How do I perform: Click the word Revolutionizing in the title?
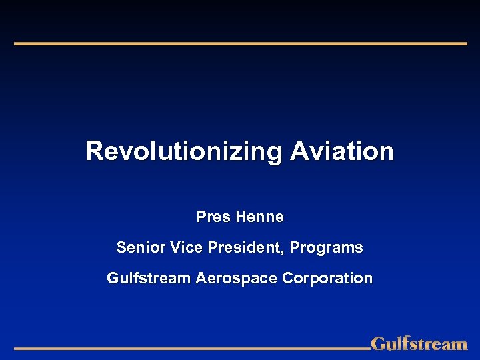coord(184,151)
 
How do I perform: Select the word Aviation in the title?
coord(342,151)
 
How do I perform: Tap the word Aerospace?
coord(237,278)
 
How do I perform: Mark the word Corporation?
coord(327,278)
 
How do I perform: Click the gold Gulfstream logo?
coord(419,344)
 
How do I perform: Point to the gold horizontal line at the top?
coord(240,43)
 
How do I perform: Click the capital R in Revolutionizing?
coord(93,151)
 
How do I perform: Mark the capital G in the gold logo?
coord(378,344)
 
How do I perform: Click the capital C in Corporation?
coord(287,278)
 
